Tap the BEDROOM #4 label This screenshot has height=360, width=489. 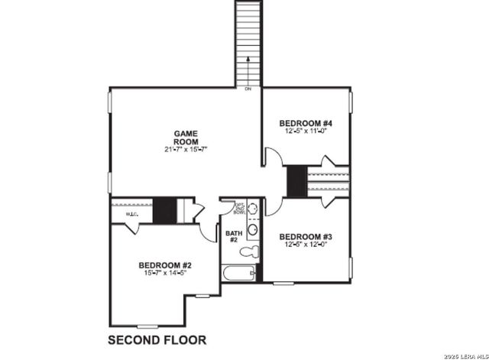pos(305,123)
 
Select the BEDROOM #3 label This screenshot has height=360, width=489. pos(305,236)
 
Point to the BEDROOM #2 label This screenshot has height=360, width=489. pos(164,265)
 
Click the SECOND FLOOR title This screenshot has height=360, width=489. pos(157,339)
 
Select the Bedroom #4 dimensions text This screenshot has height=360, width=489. pos(305,131)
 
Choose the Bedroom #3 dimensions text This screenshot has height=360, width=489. pos(305,245)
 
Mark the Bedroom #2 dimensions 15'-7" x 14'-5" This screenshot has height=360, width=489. pos(164,273)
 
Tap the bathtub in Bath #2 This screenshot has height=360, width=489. pos(238,274)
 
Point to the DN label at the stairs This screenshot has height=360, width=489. pos(248,89)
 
